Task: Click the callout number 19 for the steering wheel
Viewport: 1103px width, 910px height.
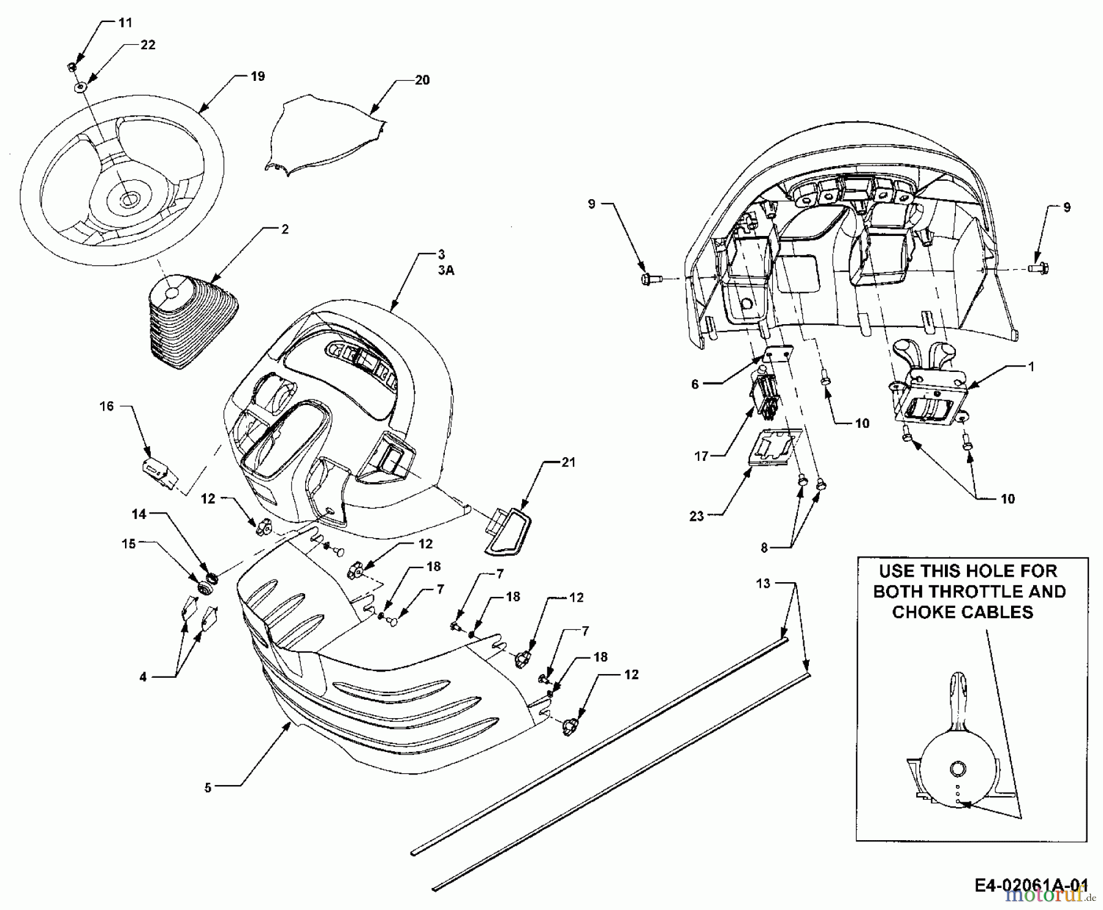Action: (257, 77)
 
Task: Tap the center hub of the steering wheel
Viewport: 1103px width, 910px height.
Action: (129, 198)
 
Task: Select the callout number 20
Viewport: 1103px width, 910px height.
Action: (422, 80)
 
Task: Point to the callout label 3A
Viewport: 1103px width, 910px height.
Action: (445, 270)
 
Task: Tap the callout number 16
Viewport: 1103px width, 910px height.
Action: (107, 406)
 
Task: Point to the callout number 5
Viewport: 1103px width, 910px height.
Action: (208, 787)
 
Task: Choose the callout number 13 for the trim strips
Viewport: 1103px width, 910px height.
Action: (763, 583)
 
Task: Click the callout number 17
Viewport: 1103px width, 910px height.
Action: (701, 457)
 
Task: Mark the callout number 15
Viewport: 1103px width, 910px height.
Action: (129, 544)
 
